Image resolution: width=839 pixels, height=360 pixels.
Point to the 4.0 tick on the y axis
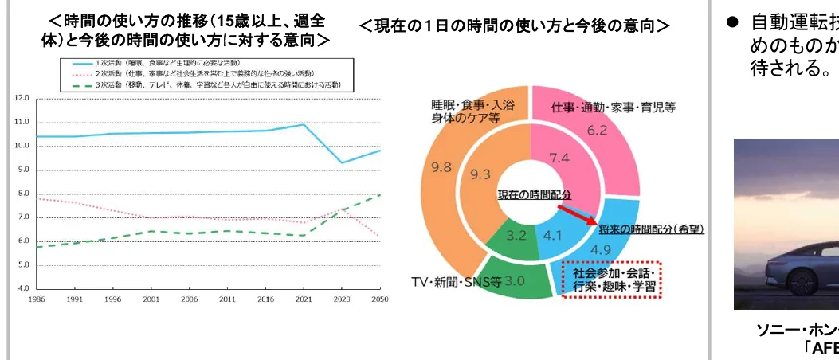pyautogui.click(x=21, y=288)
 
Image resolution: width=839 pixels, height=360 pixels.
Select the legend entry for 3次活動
pyautogui.click(x=200, y=84)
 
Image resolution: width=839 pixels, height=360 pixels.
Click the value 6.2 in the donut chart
pyautogui.click(x=597, y=129)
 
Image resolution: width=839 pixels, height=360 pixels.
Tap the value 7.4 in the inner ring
pyautogui.click(x=560, y=158)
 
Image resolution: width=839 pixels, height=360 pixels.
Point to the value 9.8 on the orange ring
pyautogui.click(x=441, y=167)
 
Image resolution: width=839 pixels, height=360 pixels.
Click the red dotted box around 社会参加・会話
pyautogui.click(x=611, y=279)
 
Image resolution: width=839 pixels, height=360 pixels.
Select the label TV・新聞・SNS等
pyautogui.click(x=455, y=281)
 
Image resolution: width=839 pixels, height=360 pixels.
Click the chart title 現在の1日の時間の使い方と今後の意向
pyautogui.click(x=515, y=26)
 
